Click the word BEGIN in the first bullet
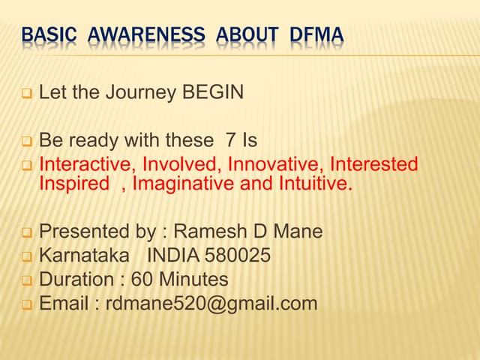click(214, 94)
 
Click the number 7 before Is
click(229, 140)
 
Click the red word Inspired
click(73, 184)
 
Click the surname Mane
click(298, 232)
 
